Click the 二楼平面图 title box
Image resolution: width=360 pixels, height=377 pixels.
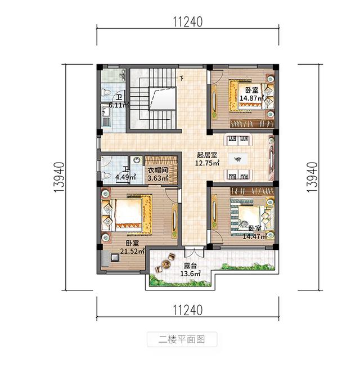[x=181, y=339]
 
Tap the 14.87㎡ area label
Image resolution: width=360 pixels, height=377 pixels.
[x=252, y=98]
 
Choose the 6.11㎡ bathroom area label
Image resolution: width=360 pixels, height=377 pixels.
[x=119, y=105]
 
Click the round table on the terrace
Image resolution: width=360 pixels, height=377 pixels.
[x=167, y=262]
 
